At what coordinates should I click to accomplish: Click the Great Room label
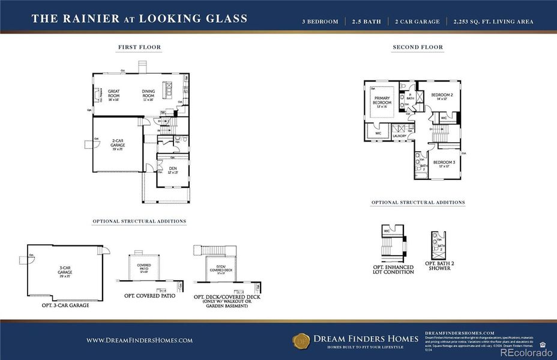pos(113,94)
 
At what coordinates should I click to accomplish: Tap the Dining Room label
pos(148,94)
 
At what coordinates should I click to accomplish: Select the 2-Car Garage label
pos(118,143)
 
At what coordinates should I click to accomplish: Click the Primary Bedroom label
pos(382,100)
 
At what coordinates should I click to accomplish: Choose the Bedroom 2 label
pos(442,96)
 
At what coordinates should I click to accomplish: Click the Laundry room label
pos(400,136)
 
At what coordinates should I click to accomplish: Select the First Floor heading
pos(139,47)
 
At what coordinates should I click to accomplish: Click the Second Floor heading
pos(418,47)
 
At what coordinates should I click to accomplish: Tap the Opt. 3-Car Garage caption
pos(65,305)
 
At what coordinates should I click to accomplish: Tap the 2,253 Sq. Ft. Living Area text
pos(494,22)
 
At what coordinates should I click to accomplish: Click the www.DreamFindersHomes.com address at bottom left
pos(139,340)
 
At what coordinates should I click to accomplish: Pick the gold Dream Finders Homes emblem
pos(301,340)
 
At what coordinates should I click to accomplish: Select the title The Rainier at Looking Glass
pos(139,19)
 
